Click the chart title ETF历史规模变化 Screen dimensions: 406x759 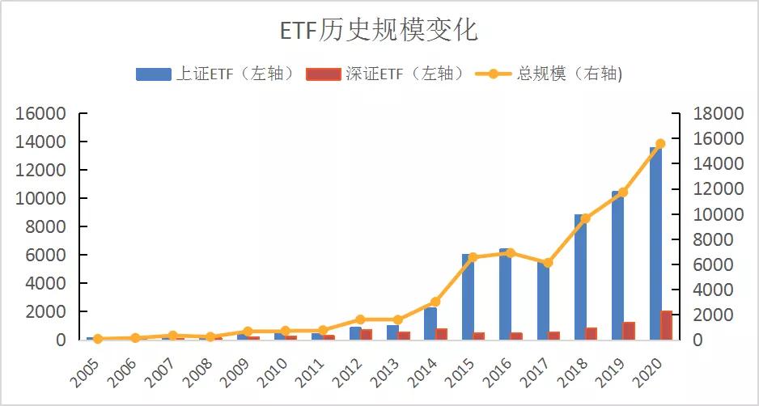click(379, 31)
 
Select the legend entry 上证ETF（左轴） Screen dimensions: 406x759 click(215, 74)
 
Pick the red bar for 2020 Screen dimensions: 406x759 click(666, 325)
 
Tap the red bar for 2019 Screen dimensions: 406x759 click(629, 331)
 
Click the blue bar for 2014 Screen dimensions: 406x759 click(430, 324)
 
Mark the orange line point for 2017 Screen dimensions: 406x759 click(548, 263)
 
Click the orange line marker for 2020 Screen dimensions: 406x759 click(660, 143)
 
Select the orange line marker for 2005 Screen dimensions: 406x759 click(98, 339)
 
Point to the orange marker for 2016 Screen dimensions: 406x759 click(510, 252)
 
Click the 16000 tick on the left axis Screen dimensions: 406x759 click(40, 114)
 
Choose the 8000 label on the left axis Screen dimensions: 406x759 click(45, 227)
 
